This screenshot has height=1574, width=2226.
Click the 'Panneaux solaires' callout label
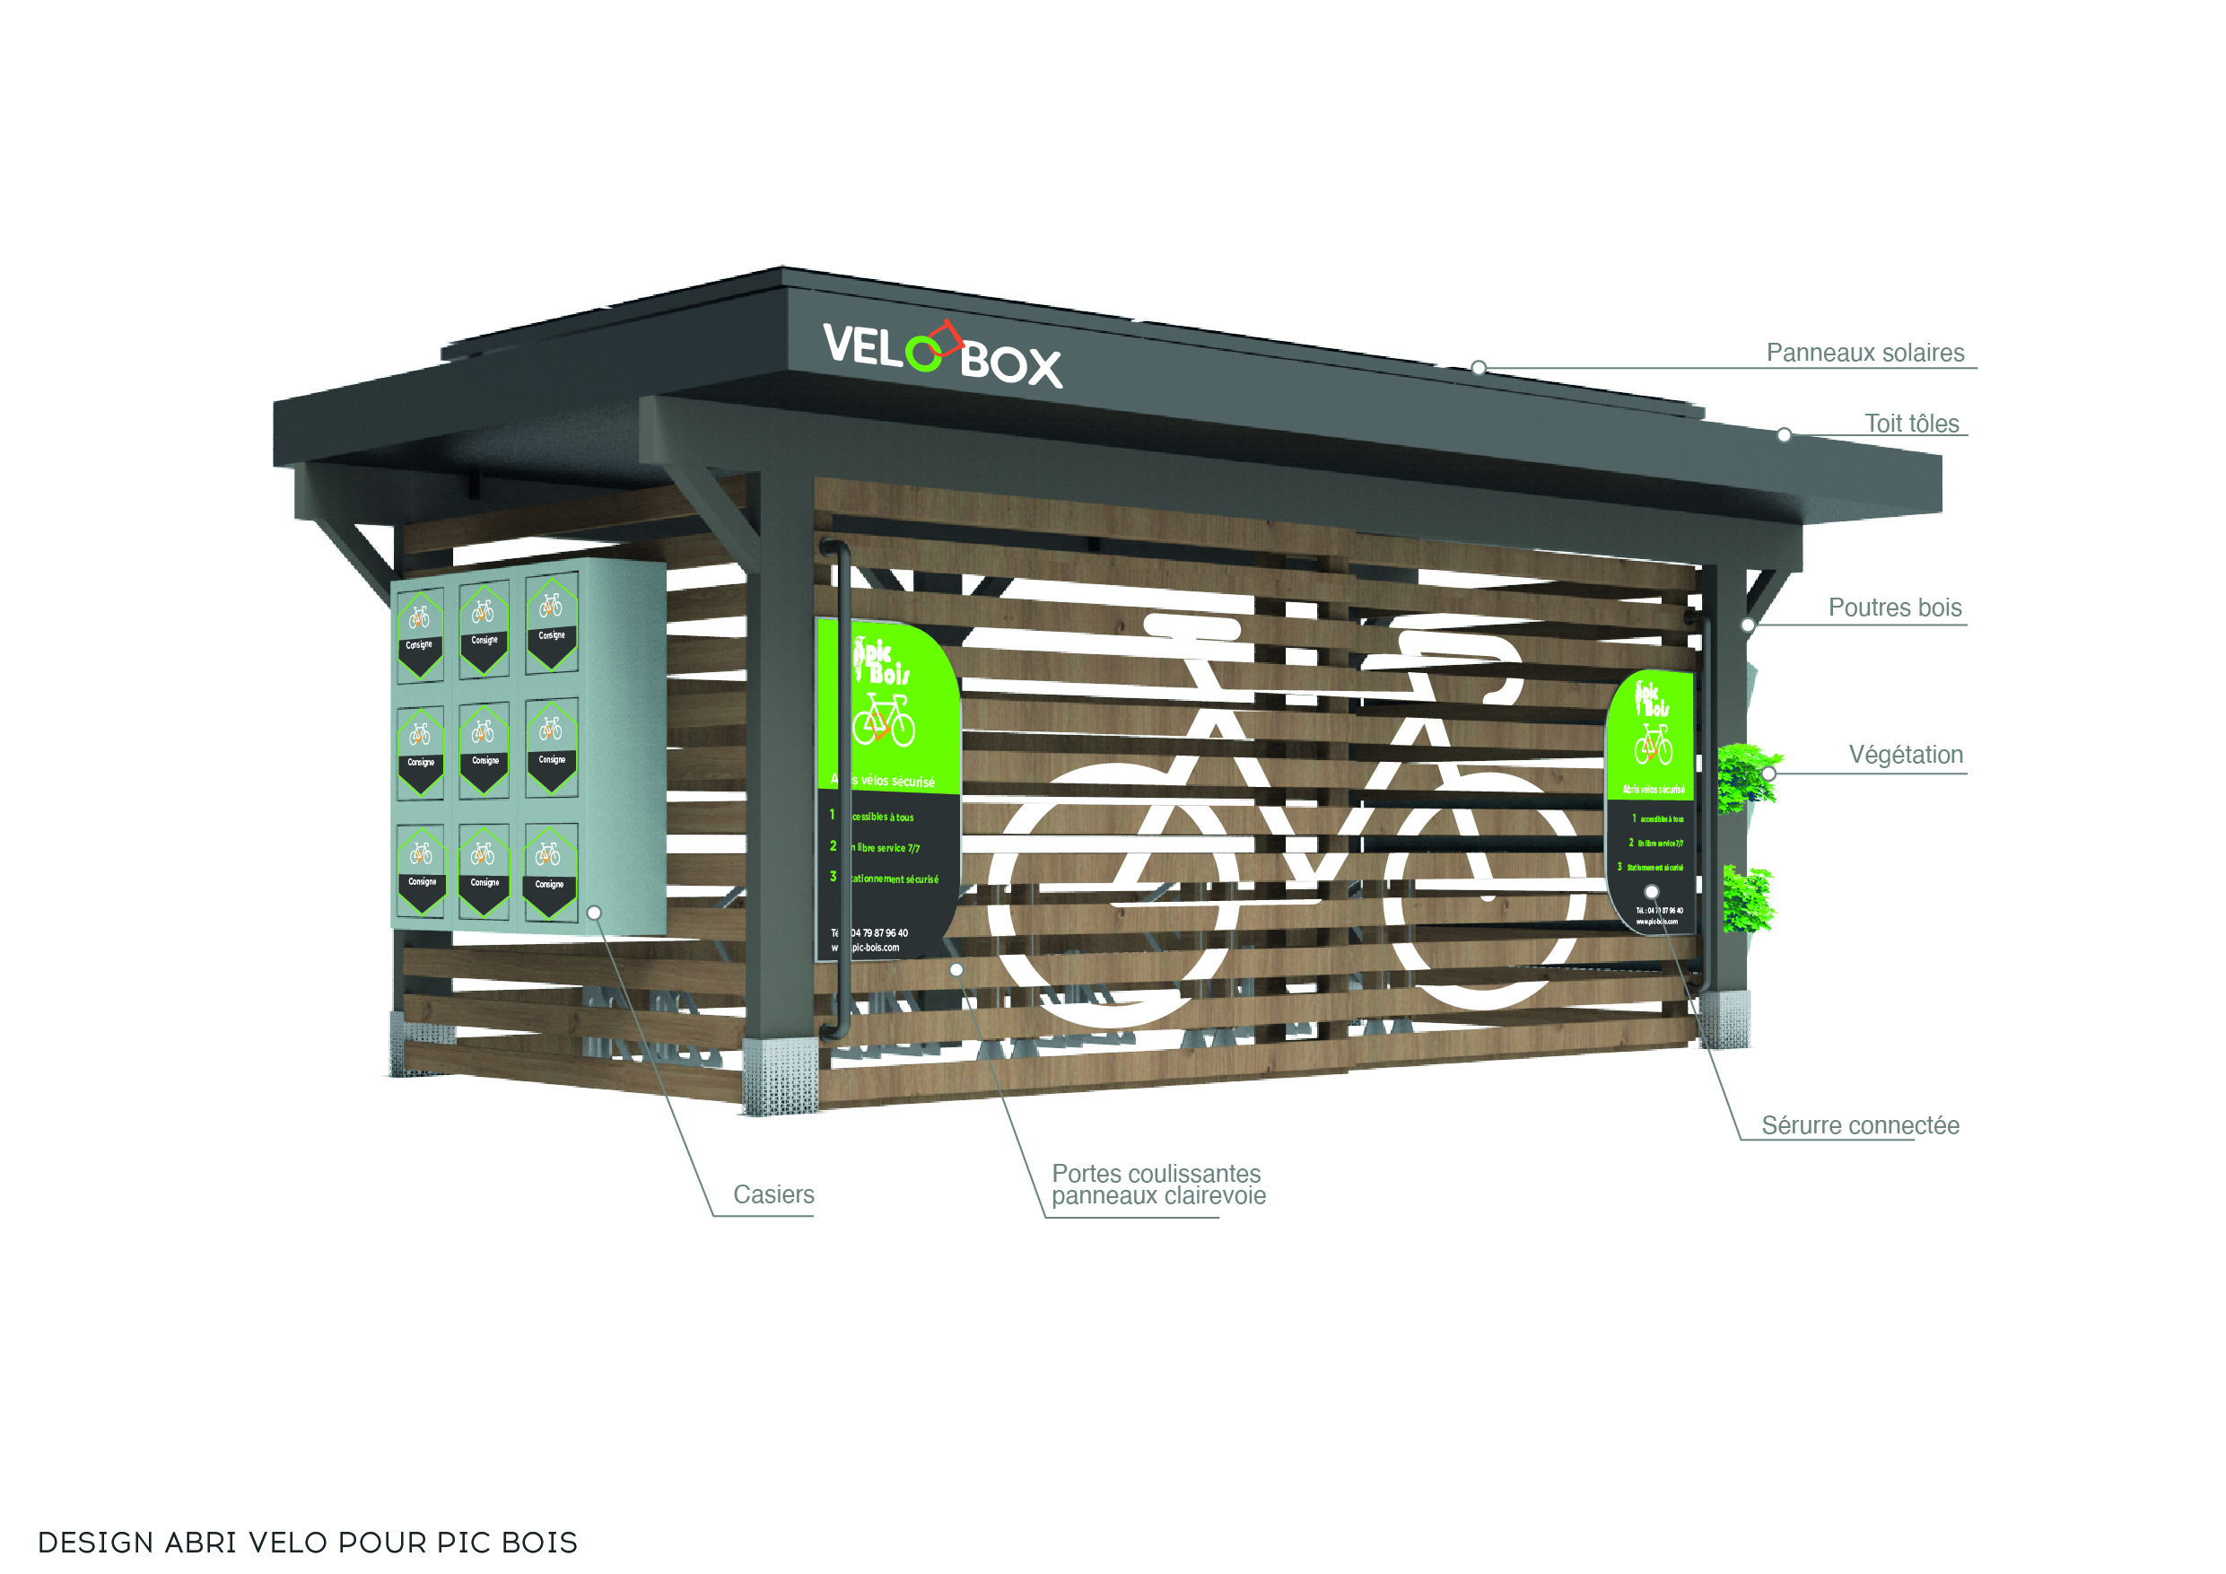coord(1864,353)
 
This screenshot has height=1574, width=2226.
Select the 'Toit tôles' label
coord(1911,424)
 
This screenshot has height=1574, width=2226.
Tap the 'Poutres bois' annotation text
coord(1894,608)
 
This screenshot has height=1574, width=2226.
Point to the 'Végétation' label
coord(1905,756)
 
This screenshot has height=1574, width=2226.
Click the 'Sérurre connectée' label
coord(1860,1126)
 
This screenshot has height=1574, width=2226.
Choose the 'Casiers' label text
coord(773,1194)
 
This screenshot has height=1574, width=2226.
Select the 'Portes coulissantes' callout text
coord(1156,1175)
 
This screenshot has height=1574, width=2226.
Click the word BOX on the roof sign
coord(1010,364)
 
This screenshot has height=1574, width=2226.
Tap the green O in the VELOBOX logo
coord(923,353)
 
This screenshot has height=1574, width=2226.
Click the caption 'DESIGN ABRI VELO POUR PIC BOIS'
coord(308,1542)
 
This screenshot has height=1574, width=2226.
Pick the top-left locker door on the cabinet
coord(420,634)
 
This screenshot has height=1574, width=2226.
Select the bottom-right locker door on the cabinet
coord(550,870)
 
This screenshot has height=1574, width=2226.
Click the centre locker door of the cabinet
coord(484,750)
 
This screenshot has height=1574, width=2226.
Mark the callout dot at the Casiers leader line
coord(594,913)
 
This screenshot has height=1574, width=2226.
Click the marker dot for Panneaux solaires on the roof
coord(1479,368)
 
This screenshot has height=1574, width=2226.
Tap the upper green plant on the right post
coord(1746,776)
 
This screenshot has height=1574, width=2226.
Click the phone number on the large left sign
coord(878,933)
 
